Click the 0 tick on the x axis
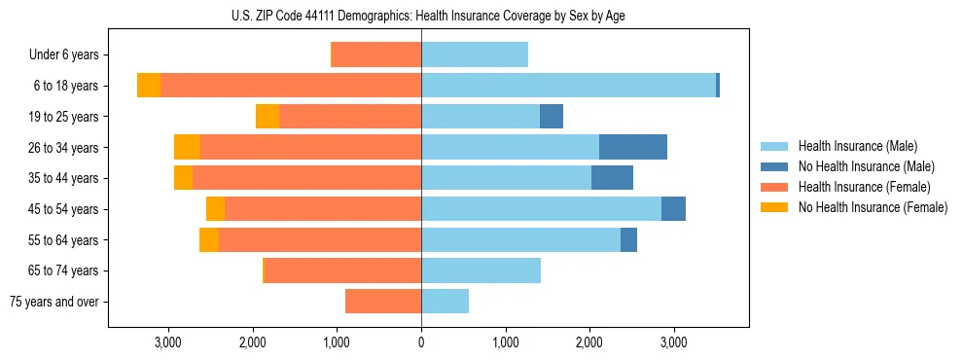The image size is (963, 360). click(421, 342)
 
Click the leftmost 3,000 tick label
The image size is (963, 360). click(168, 342)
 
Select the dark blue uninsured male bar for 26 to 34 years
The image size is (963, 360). click(633, 147)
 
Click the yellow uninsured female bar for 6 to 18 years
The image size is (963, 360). click(149, 86)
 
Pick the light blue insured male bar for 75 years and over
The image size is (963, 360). click(445, 302)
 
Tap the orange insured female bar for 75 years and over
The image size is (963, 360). click(383, 302)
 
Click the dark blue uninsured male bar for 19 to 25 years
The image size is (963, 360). click(552, 117)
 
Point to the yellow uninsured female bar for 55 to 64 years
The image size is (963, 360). click(209, 239)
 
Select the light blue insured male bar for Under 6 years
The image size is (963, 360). click(475, 55)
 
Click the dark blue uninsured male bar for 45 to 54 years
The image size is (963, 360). click(673, 209)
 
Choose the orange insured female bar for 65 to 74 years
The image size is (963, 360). click(342, 270)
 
